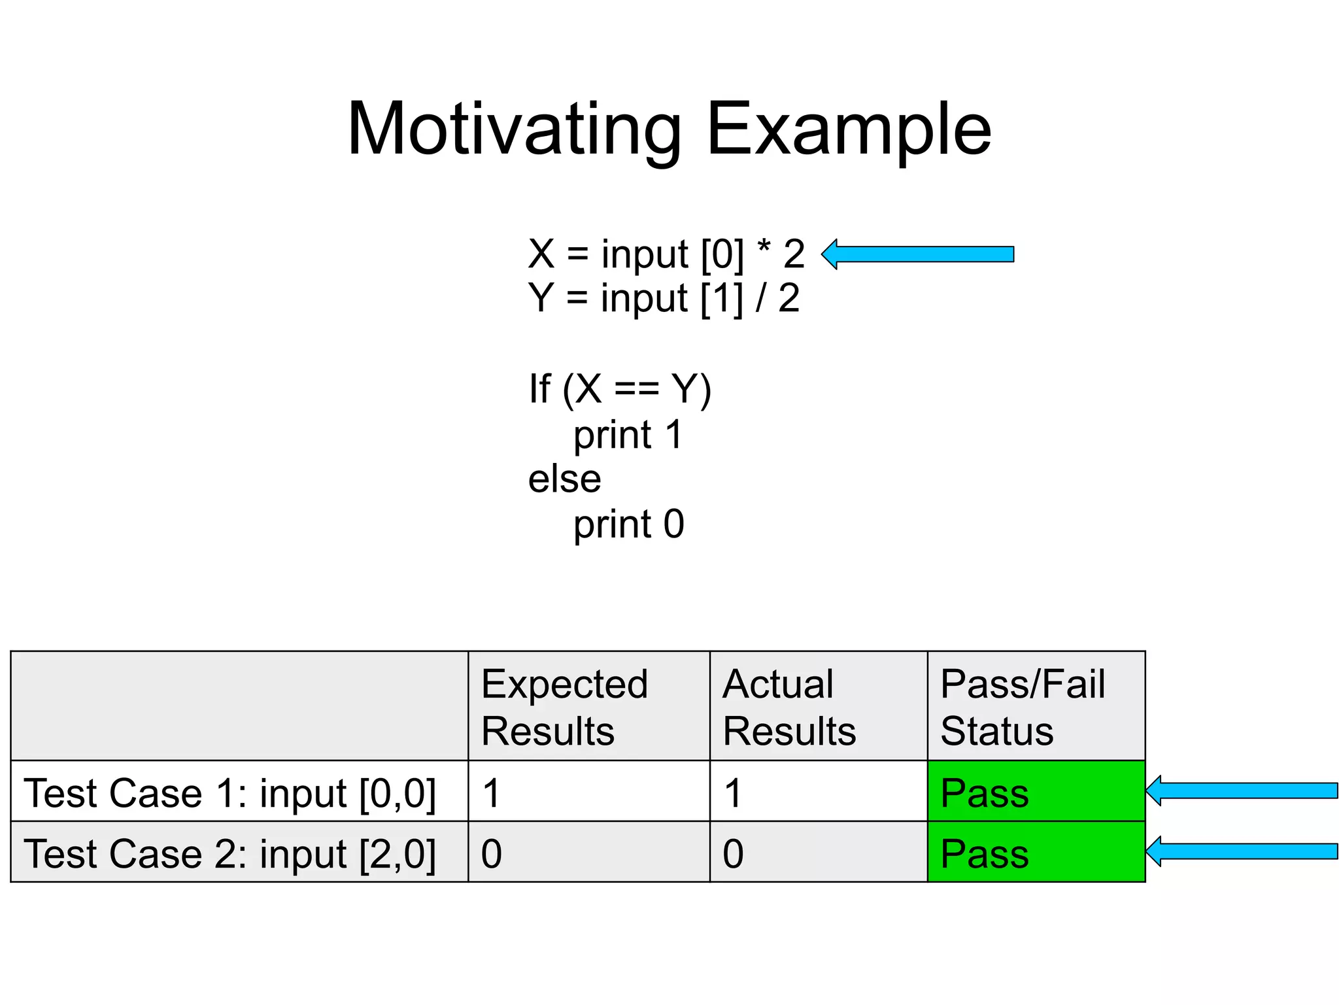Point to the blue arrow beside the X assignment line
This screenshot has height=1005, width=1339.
click(x=918, y=254)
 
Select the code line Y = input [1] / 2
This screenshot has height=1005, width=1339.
click(x=664, y=298)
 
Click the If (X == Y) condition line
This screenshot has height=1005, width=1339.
click(x=619, y=389)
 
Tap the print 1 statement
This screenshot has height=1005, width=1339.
click(x=628, y=435)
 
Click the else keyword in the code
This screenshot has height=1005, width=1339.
click(x=564, y=479)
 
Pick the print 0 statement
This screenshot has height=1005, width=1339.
click(x=628, y=524)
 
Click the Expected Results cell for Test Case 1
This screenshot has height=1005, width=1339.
click(x=588, y=791)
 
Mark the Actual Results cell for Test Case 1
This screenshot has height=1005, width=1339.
click(x=818, y=791)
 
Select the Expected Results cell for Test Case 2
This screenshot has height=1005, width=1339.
click(x=588, y=852)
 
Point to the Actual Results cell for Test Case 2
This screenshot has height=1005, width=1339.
click(x=818, y=852)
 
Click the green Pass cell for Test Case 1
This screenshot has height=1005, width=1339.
click(x=1036, y=791)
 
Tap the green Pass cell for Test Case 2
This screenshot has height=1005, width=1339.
click(x=1036, y=852)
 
